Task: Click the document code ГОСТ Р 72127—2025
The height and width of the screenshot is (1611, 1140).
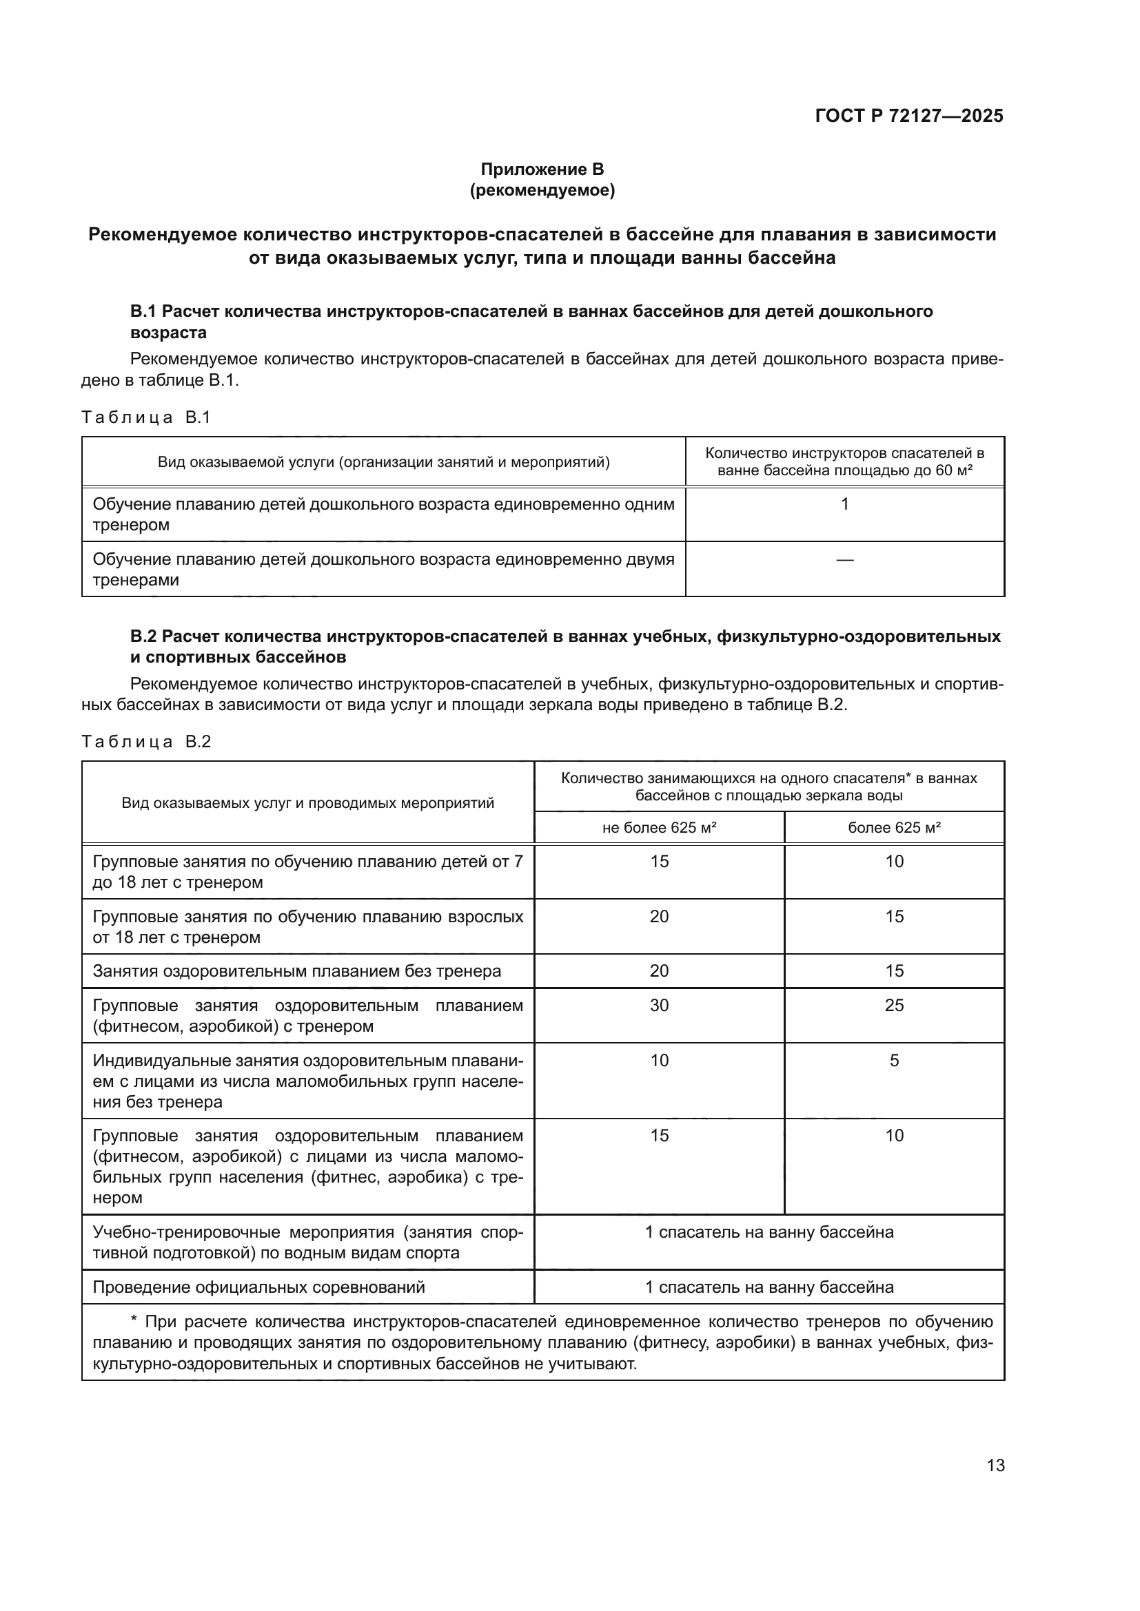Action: point(909,116)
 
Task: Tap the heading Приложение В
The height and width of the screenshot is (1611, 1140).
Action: point(542,169)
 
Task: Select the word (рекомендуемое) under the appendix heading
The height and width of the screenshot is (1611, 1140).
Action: point(542,190)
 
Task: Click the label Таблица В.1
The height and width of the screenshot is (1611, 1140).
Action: point(146,417)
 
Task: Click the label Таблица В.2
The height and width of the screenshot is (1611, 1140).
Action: point(146,742)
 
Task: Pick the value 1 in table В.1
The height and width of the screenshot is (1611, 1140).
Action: point(844,503)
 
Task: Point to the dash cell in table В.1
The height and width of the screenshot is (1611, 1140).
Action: point(844,559)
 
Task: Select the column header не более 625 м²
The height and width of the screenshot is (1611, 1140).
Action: point(658,828)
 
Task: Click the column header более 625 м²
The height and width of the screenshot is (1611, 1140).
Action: point(894,828)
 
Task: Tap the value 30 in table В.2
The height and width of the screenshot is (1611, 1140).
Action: point(658,1006)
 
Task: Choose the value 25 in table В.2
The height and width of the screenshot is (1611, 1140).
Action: point(894,1006)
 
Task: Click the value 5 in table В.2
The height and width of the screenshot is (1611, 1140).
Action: point(894,1060)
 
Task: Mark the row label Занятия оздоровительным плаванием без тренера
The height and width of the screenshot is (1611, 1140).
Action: point(297,971)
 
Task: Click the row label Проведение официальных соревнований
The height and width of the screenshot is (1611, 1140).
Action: point(259,1287)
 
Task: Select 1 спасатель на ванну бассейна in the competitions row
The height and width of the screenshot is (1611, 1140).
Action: point(769,1287)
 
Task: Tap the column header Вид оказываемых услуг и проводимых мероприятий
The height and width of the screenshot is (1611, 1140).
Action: point(307,802)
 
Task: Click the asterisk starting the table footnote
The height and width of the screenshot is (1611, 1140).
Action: point(134,1322)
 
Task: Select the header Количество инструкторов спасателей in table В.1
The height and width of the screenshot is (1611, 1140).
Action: point(844,453)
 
